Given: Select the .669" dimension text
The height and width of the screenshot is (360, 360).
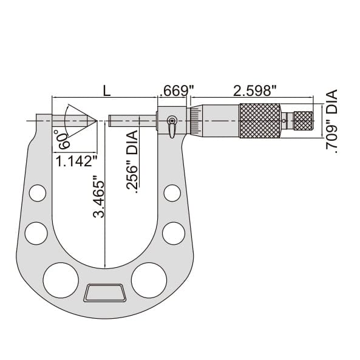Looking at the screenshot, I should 176,90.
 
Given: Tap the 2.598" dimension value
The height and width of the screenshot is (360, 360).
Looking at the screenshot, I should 255,90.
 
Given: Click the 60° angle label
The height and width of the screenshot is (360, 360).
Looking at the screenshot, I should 61,139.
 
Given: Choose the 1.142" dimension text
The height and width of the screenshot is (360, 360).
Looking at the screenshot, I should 76,161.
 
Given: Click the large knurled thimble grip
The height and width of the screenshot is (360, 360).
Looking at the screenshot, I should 260,120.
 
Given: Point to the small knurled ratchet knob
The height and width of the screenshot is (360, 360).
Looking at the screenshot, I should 304,120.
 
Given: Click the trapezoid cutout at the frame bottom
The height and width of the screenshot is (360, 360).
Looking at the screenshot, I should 105,293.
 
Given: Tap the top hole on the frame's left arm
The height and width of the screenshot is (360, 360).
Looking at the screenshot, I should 37,194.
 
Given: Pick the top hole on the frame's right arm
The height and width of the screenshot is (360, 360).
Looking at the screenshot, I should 172,193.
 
